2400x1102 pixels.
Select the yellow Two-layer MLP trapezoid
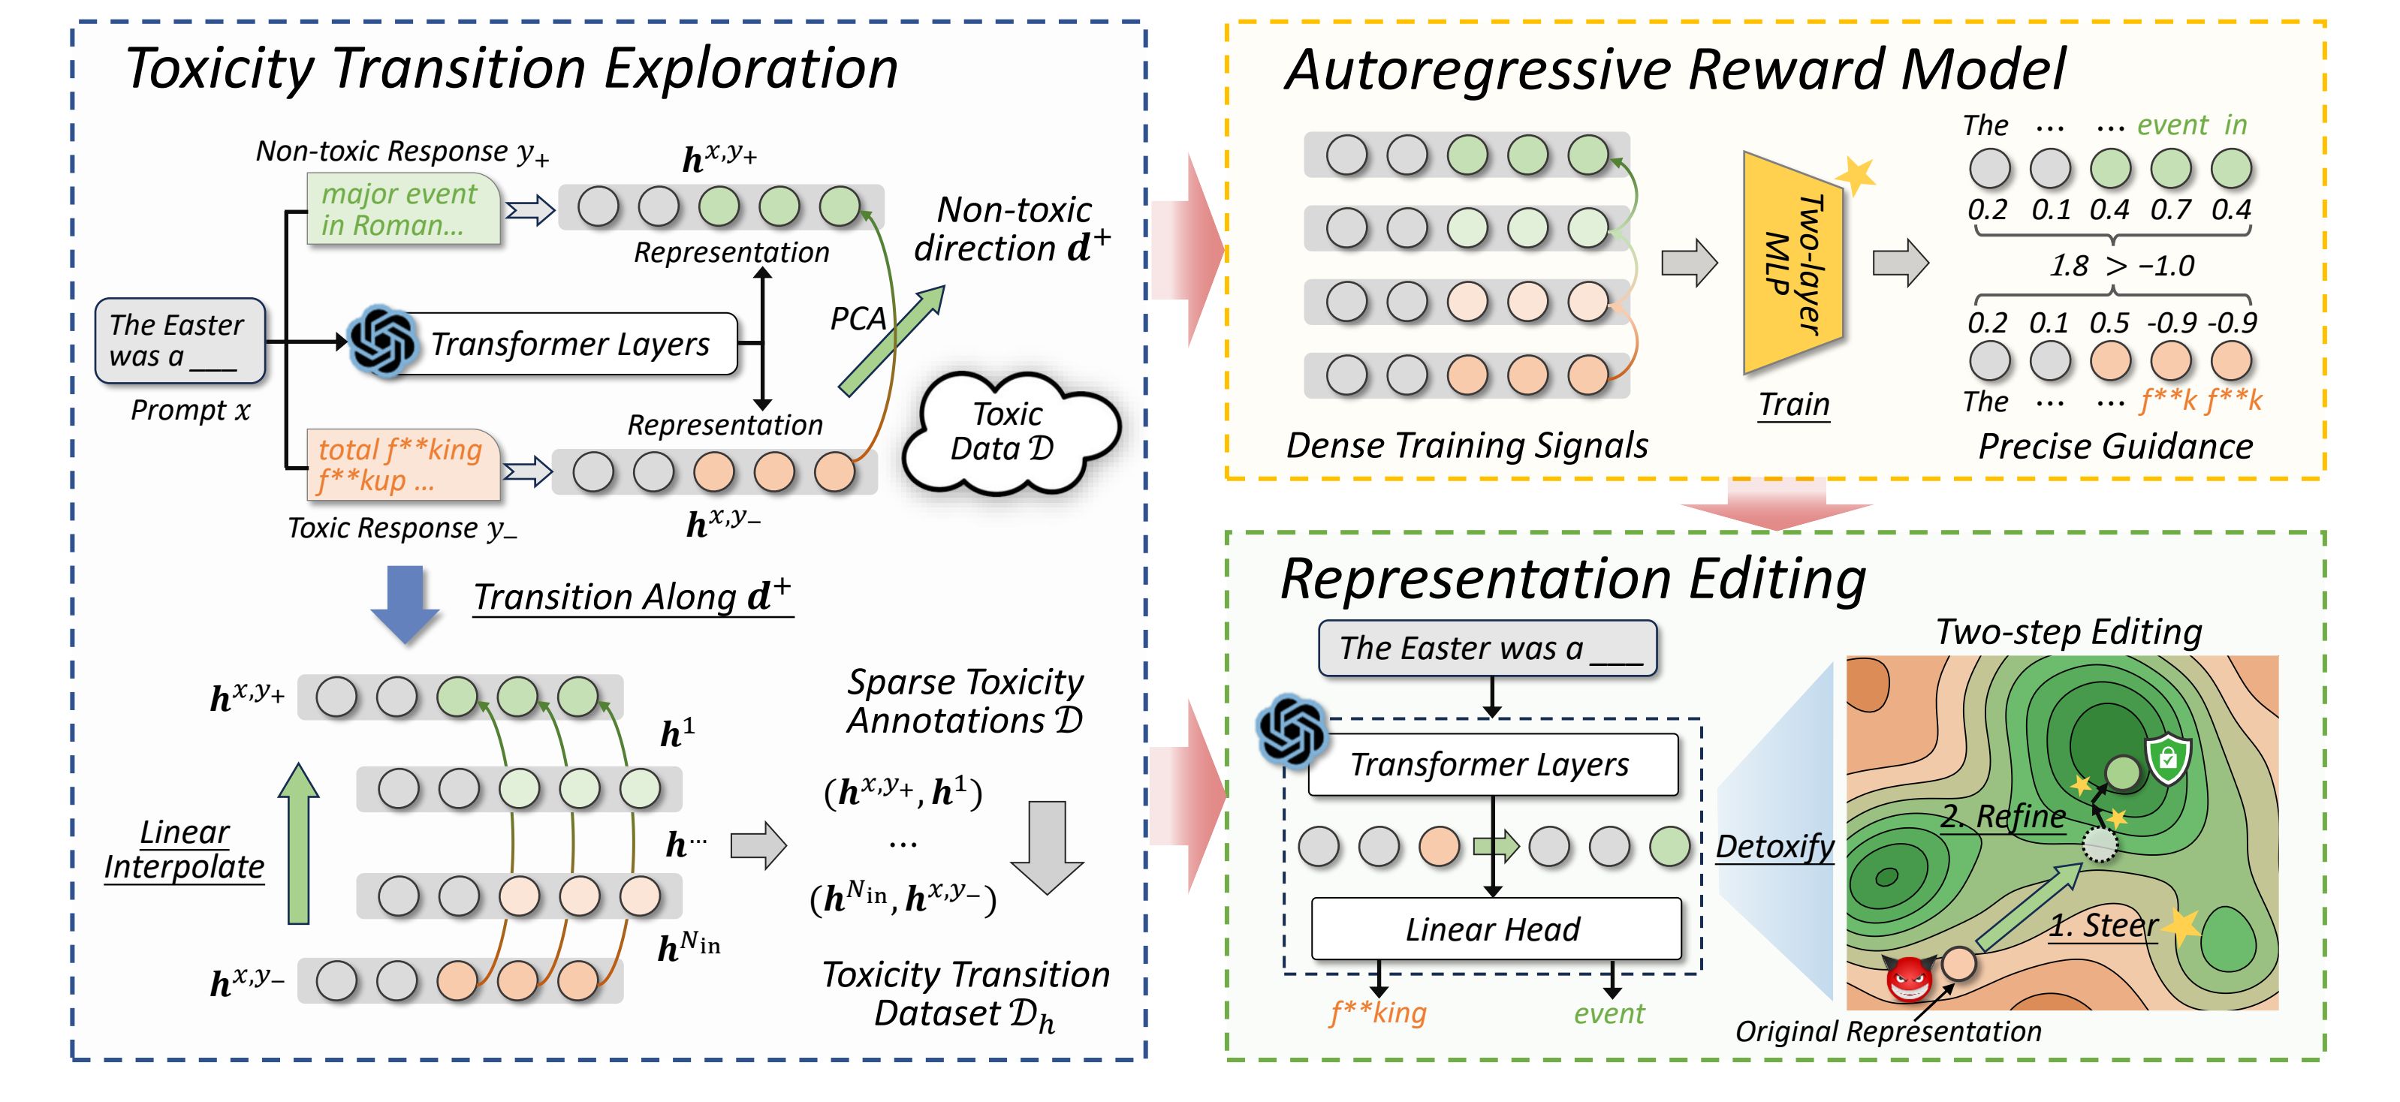click(1792, 263)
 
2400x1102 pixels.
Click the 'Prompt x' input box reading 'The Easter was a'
click(179, 340)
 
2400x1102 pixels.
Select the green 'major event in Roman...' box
click(403, 209)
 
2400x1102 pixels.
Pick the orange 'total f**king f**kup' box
click(403, 464)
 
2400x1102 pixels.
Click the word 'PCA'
click(857, 320)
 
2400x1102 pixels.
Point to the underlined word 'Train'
click(1793, 405)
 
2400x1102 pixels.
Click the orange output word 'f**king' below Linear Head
click(1378, 1012)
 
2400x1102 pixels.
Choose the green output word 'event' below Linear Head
click(1609, 1013)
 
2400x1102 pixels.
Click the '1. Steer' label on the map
click(2102, 925)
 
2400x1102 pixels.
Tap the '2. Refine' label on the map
click(2003, 816)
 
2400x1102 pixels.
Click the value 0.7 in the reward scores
click(2170, 209)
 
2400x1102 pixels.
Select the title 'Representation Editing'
click(1572, 579)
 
